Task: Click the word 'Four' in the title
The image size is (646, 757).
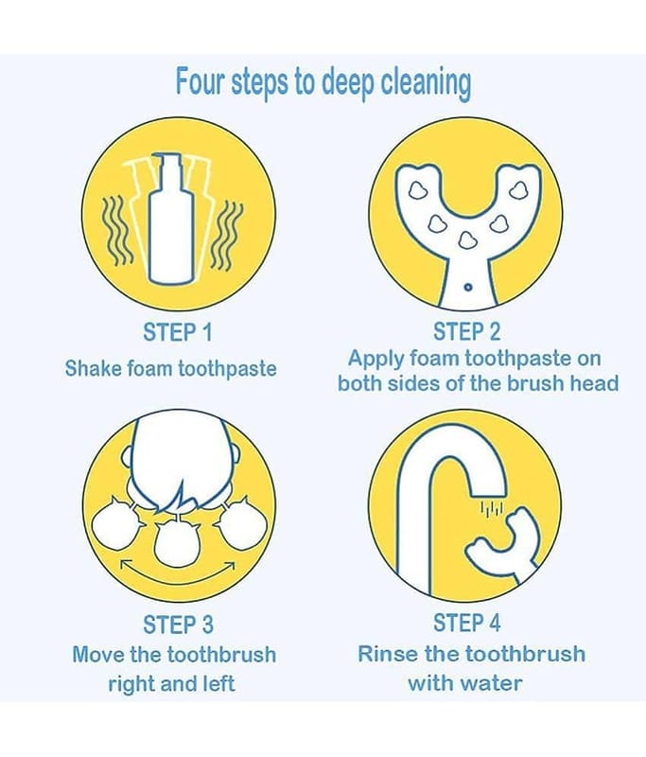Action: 200,81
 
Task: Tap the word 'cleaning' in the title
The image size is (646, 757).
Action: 426,83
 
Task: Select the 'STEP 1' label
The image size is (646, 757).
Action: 178,332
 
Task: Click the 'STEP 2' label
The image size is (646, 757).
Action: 466,332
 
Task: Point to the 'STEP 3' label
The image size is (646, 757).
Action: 178,625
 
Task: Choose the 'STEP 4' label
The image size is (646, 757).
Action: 466,623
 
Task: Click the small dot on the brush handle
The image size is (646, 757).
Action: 467,288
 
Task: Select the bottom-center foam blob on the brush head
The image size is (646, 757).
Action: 466,240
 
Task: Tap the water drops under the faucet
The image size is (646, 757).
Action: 491,509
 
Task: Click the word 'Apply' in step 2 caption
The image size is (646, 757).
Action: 376,360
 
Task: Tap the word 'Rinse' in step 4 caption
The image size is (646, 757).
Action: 389,654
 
